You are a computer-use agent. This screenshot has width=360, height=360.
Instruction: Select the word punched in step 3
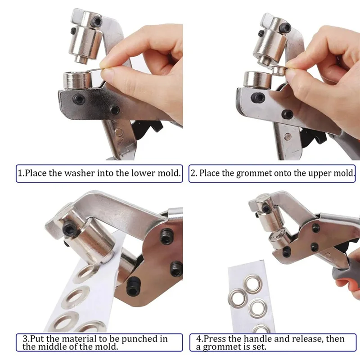139,339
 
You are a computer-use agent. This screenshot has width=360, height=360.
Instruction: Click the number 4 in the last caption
198,339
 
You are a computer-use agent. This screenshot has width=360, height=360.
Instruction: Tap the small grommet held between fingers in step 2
279,71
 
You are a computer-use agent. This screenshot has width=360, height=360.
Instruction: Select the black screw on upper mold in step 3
70,229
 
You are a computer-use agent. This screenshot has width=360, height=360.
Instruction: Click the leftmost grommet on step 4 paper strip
238,297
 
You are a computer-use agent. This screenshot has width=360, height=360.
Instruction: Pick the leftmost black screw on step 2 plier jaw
257,98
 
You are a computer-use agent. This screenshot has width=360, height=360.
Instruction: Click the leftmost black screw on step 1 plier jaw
79,99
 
